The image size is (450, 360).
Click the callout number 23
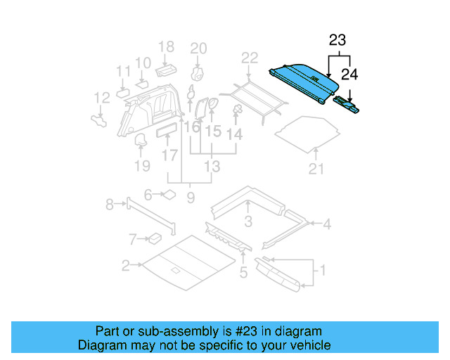338,41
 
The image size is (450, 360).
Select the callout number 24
349,72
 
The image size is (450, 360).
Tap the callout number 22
250,58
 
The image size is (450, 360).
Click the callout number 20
199,48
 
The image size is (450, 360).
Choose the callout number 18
166,47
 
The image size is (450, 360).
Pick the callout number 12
102,97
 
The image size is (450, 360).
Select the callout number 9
191,198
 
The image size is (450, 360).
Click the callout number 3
248,223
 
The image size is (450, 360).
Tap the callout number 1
322,269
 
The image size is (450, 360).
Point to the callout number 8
110,205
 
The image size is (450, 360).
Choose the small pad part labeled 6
169,195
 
